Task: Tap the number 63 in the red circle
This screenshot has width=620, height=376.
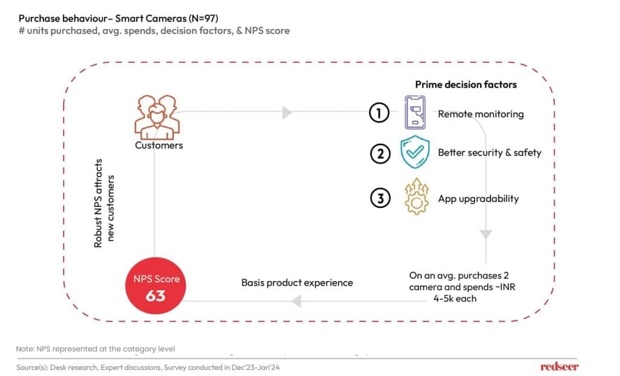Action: (156, 297)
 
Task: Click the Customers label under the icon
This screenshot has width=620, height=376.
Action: (159, 145)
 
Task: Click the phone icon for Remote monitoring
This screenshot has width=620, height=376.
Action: (415, 113)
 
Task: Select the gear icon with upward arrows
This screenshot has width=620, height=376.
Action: (415, 197)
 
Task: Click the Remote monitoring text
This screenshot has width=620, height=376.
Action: (481, 114)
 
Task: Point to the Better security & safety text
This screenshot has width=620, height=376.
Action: (489, 152)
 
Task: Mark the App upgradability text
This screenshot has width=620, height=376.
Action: (478, 198)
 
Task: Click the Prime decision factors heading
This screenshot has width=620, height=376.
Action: (466, 84)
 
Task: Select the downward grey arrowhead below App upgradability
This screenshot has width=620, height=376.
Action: (486, 235)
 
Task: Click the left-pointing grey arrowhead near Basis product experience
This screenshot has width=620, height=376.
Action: (296, 300)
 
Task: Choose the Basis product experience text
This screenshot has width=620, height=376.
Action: (297, 282)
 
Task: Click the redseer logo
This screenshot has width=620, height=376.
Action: (559, 366)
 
